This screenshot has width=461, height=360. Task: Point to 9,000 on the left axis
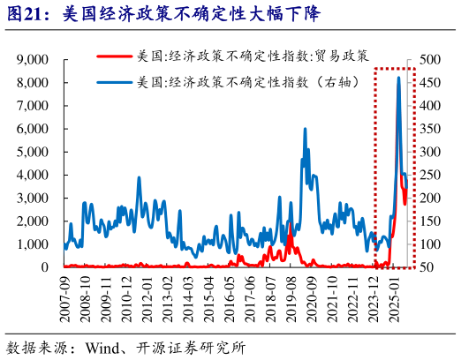click(x=32, y=59)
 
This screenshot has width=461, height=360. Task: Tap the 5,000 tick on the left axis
click(x=32, y=151)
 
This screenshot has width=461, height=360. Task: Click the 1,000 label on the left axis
click(x=32, y=244)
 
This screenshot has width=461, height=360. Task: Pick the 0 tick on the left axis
click(x=43, y=266)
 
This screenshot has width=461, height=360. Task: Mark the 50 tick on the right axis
click(x=427, y=266)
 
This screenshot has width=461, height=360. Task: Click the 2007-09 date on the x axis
click(x=64, y=297)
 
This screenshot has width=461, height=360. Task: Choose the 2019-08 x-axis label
click(x=291, y=297)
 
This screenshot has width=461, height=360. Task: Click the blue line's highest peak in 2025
click(x=398, y=78)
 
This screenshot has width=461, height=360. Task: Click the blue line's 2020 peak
click(x=305, y=129)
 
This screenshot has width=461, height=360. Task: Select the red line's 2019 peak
click(x=289, y=223)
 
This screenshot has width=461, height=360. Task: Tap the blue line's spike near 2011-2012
click(x=139, y=178)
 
